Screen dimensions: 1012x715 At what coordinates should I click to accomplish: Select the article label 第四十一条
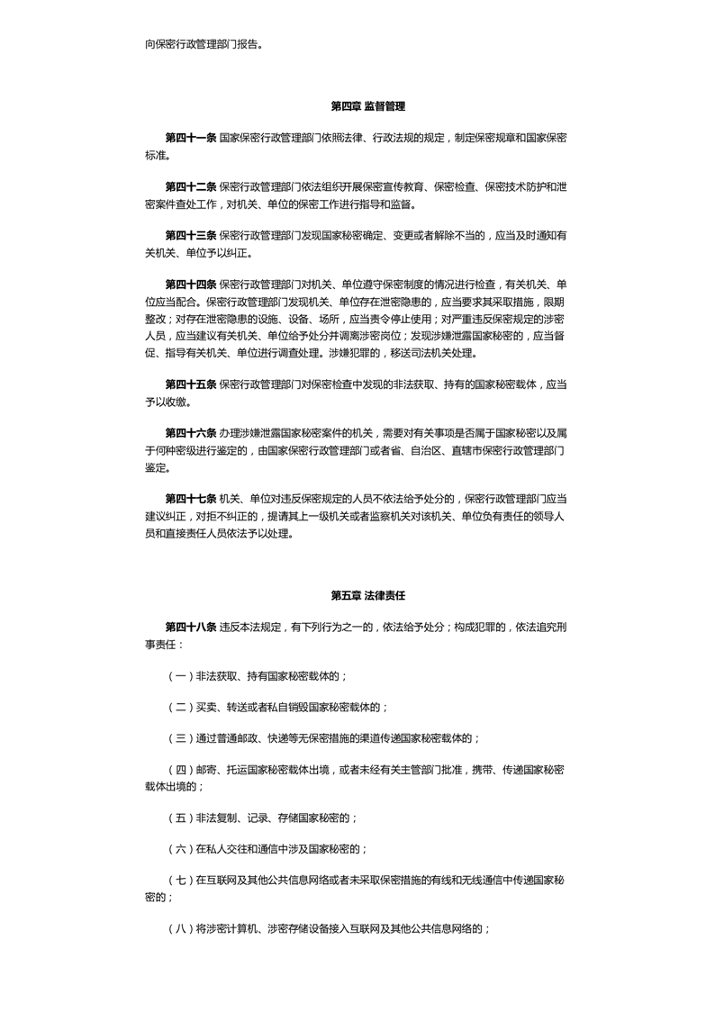[x=190, y=137]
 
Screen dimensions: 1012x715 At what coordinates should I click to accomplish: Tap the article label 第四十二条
[x=190, y=186]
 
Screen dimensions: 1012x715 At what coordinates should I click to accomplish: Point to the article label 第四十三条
[x=190, y=236]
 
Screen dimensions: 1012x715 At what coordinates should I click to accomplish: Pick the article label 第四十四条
[x=190, y=285]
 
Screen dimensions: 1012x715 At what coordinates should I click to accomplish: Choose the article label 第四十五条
[x=190, y=384]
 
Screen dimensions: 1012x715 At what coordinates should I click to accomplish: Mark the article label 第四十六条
[x=190, y=433]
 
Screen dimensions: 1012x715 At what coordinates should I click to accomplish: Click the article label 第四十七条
[x=190, y=498]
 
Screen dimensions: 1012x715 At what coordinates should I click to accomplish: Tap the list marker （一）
[x=179, y=675]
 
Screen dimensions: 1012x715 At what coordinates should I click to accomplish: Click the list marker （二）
[x=179, y=707]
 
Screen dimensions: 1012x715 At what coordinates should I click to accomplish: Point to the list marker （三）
[x=179, y=738]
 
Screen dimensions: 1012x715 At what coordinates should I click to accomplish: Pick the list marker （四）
[x=179, y=771]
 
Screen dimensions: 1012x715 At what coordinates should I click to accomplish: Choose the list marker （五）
[x=179, y=818]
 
